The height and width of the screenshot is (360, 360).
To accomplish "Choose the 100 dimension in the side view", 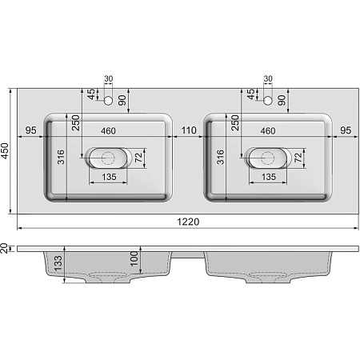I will pos(134,258).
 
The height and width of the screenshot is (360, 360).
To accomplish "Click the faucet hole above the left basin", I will pos(110,101).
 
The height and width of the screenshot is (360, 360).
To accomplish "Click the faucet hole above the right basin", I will pos(268,101).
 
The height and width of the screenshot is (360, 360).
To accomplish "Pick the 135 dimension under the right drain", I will pos(268,177).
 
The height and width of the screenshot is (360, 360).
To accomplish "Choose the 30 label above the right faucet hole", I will pos(268,78).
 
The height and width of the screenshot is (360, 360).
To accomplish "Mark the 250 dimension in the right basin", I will pos(235,122).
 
